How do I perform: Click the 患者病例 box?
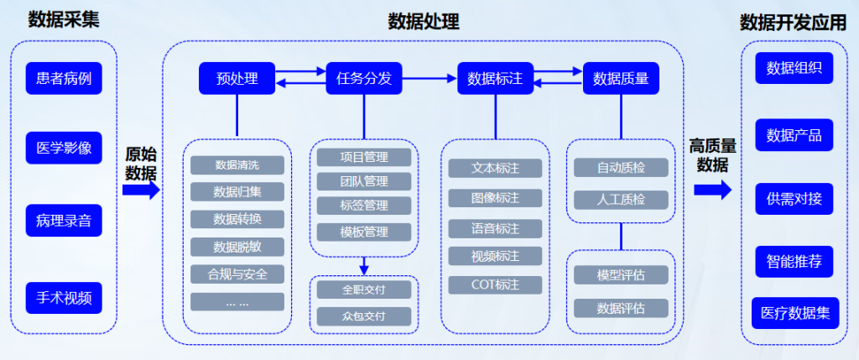click(x=64, y=80)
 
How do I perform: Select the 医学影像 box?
click(x=64, y=150)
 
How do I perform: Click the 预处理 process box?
click(x=237, y=79)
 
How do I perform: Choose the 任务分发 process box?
click(x=364, y=79)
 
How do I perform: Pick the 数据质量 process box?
click(x=621, y=79)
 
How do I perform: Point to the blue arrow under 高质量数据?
click(x=712, y=190)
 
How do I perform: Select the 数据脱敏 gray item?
click(x=237, y=247)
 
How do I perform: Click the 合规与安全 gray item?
click(x=237, y=274)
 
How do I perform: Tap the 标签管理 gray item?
click(x=364, y=206)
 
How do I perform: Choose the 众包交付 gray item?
click(x=364, y=316)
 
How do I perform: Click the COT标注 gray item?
click(x=495, y=284)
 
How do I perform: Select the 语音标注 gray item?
click(x=495, y=228)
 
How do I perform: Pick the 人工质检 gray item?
click(x=621, y=200)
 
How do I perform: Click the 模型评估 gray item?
click(x=621, y=275)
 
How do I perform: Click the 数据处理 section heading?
click(x=424, y=22)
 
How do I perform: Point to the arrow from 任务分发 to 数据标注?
click(x=427, y=79)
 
